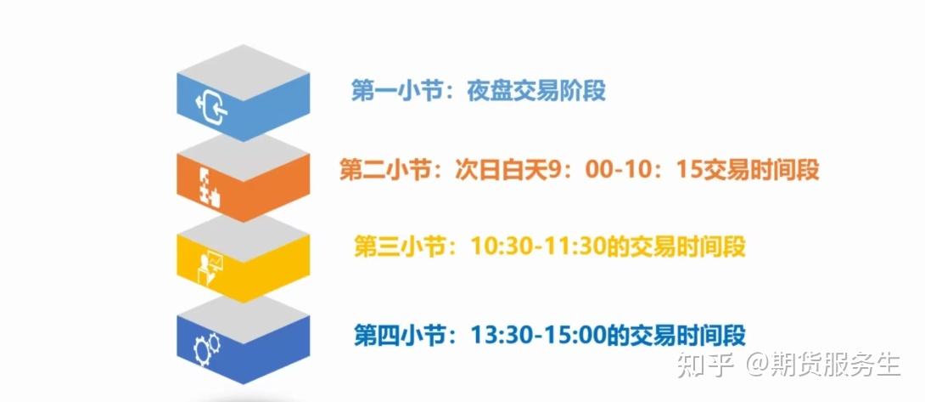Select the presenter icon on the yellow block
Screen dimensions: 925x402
point(210,268)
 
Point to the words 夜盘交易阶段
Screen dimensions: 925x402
point(536,93)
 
